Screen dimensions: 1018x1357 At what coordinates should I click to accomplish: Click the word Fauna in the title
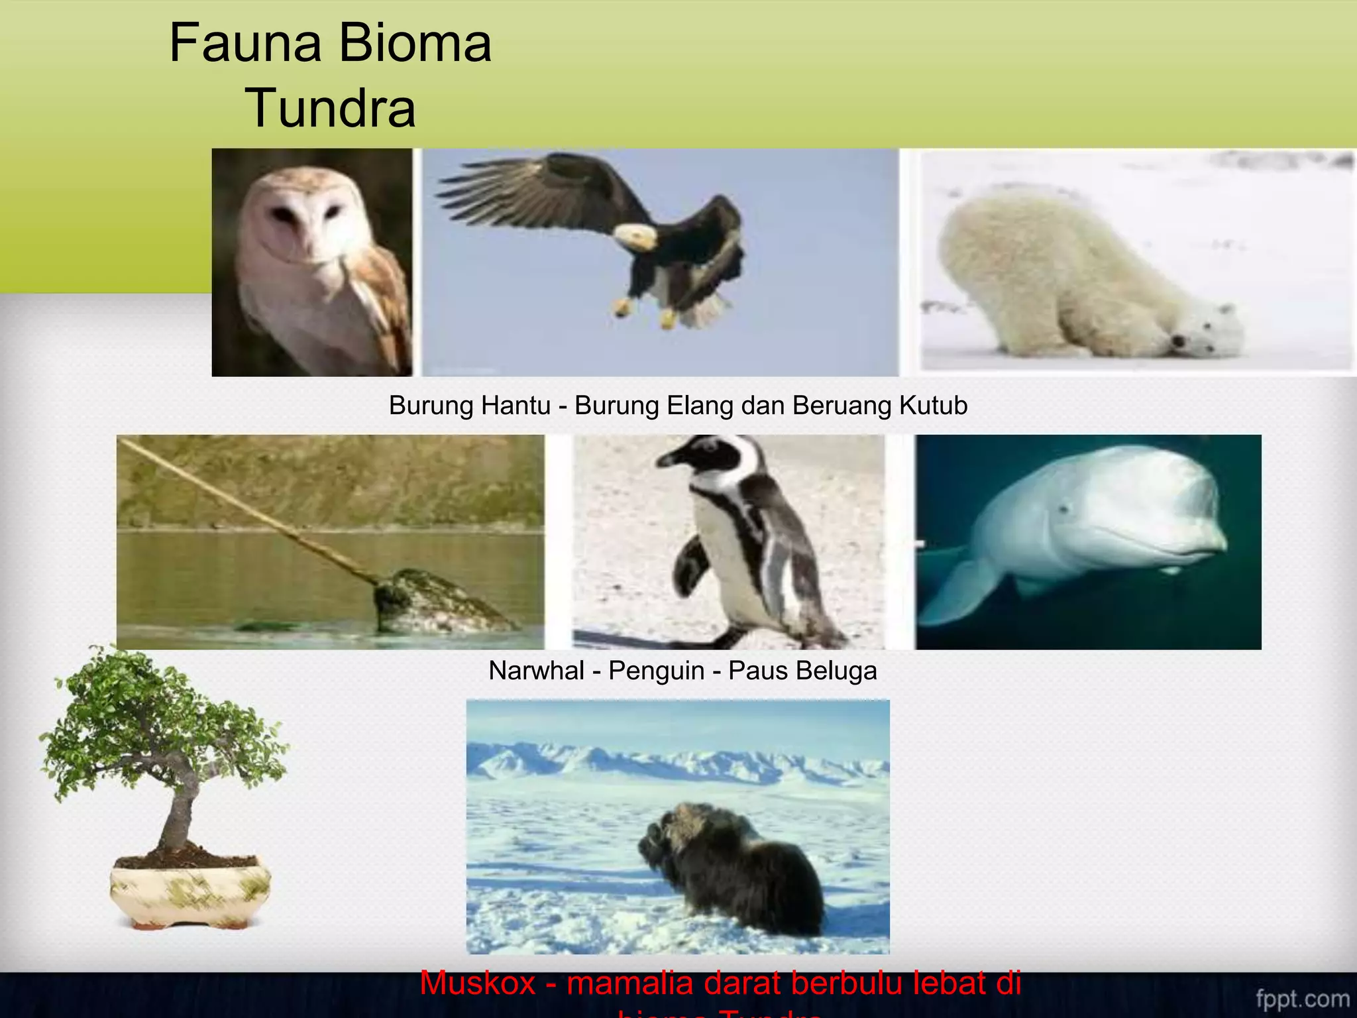244,44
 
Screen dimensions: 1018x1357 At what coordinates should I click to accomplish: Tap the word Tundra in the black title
330,109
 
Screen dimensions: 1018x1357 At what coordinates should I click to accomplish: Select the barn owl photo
312,262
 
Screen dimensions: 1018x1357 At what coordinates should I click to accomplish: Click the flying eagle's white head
635,235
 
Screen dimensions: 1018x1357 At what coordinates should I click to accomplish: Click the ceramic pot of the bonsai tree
190,891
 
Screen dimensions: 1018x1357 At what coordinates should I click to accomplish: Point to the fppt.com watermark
1302,998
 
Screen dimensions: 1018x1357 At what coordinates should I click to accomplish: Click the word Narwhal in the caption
536,671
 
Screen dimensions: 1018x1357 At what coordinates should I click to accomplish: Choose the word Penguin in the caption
656,671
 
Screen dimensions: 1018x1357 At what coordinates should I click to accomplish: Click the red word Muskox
477,984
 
